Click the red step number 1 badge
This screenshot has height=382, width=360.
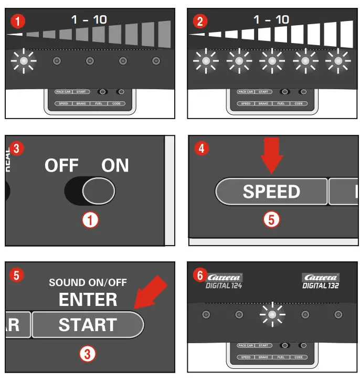(x=17, y=21)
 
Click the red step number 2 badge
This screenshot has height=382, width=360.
(x=199, y=21)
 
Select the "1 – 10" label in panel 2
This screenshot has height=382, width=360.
(x=271, y=20)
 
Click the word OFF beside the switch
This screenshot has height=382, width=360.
(x=61, y=166)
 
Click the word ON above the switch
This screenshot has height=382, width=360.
(x=115, y=166)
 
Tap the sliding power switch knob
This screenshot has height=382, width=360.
(x=98, y=190)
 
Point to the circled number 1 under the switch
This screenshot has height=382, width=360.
(x=91, y=220)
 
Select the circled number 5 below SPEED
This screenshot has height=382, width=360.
(x=271, y=219)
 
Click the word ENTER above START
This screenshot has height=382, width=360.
(x=88, y=300)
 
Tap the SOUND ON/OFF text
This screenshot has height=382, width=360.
(x=88, y=283)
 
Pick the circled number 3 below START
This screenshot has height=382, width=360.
(x=87, y=354)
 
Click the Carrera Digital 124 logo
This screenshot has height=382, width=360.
(x=224, y=281)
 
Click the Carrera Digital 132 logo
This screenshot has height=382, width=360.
(x=320, y=281)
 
